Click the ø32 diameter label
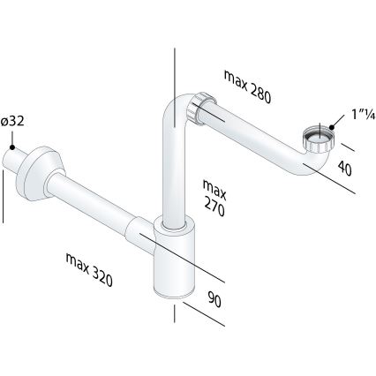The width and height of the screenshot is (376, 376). [12, 122]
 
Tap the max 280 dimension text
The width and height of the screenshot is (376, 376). [247, 86]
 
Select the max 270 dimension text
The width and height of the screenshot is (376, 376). [214, 198]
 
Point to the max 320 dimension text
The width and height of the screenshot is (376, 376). [89, 269]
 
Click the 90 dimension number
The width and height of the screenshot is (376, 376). [214, 299]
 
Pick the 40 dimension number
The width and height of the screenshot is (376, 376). [344, 169]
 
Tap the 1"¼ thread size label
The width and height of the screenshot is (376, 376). [364, 114]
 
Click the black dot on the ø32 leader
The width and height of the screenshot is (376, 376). [12, 147]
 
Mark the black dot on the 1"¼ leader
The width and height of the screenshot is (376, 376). [332, 127]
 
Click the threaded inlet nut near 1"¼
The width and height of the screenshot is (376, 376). [320, 138]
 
